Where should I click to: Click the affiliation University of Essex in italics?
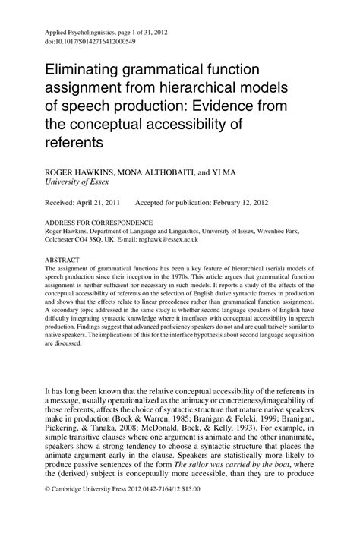(x=77, y=183)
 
